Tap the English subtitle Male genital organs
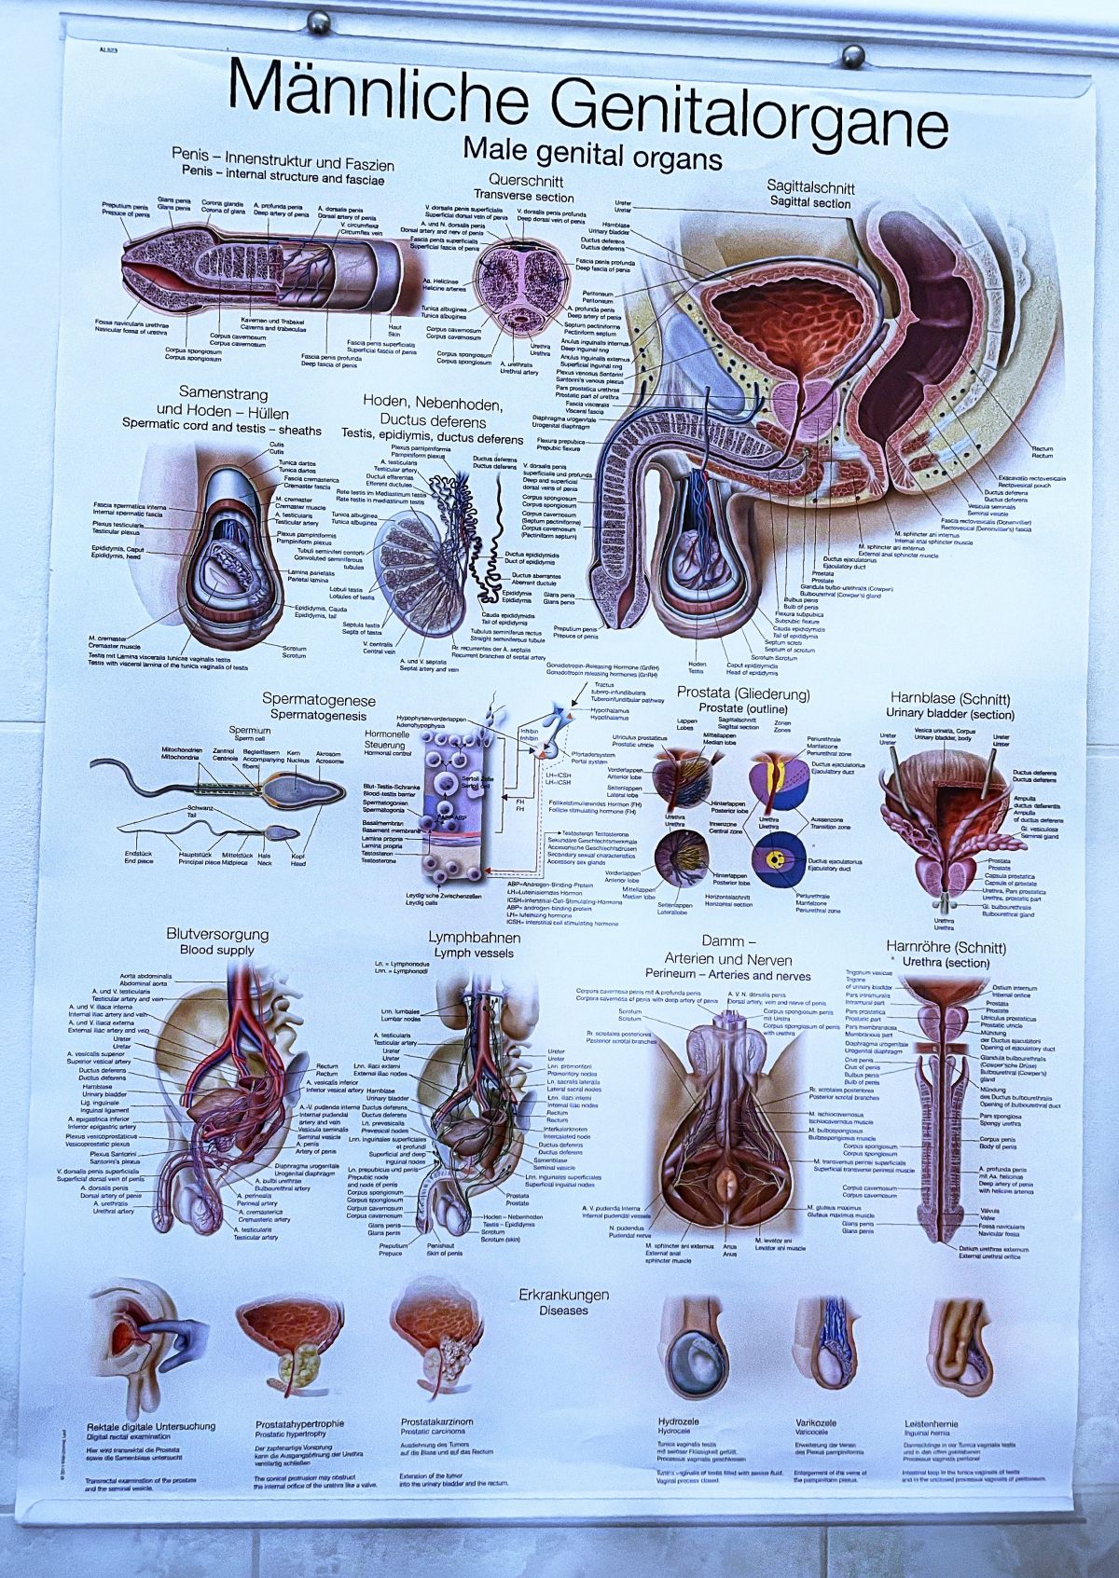pyautogui.click(x=592, y=153)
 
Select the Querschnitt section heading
pyautogui.click(x=523, y=181)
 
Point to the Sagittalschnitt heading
pyautogui.click(x=810, y=187)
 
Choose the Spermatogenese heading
pyautogui.click(x=319, y=699)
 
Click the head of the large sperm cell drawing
pyautogui.click(x=303, y=789)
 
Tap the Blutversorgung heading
pyautogui.click(x=217, y=934)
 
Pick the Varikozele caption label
pyautogui.click(x=815, y=1423)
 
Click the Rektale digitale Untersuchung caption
pyautogui.click(x=151, y=1426)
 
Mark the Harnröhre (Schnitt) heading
pyautogui.click(x=946, y=948)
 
